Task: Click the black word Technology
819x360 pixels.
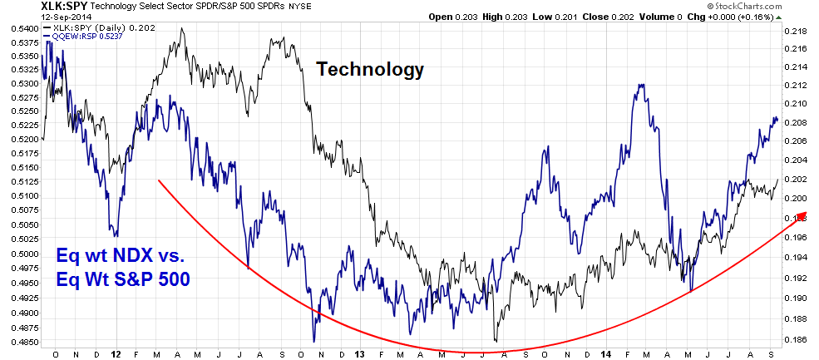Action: tap(370, 69)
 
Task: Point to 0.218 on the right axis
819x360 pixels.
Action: tap(795, 31)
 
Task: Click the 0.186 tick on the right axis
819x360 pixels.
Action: tap(795, 340)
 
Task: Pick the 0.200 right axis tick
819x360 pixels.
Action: tap(795, 198)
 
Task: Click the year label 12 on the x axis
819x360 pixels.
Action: tap(111, 353)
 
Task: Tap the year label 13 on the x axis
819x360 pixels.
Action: tap(359, 353)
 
